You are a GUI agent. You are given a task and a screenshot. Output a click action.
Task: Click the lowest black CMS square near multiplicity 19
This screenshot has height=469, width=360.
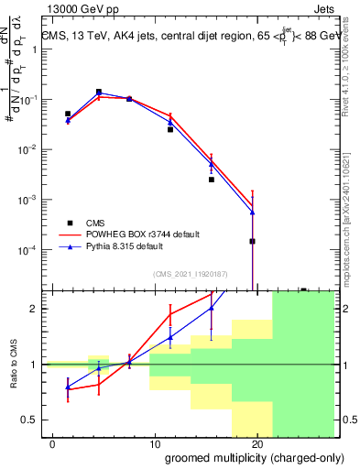tap(252, 241)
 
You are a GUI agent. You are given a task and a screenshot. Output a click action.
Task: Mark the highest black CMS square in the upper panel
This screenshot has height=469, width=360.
tap(98, 92)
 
